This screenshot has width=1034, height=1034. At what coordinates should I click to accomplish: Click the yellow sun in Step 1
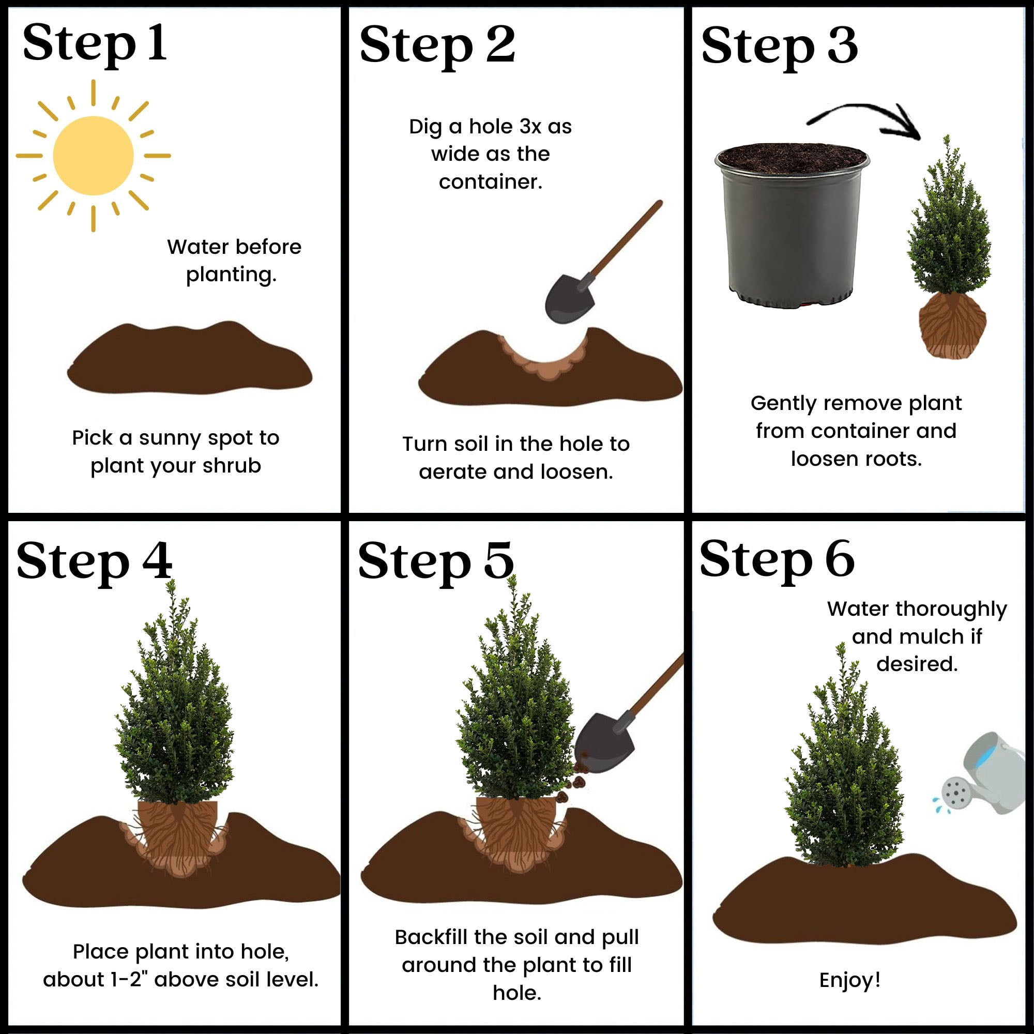tap(93, 156)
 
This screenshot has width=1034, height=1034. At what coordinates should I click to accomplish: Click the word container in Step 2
tap(490, 182)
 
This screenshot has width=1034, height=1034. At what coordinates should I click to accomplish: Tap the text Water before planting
tap(234, 261)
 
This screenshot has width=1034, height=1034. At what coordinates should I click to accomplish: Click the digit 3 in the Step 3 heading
tap(842, 45)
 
